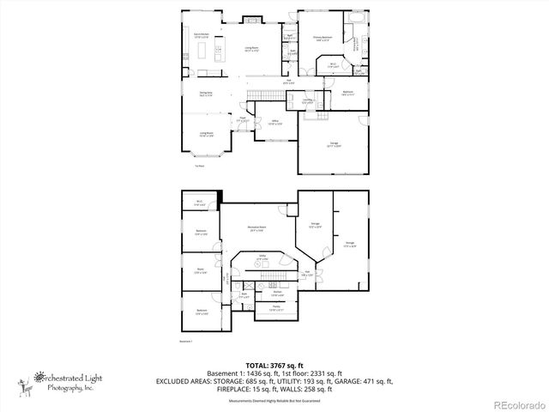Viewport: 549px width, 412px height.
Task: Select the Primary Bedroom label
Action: click(x=323, y=38)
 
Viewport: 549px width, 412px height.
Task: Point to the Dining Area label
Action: click(x=206, y=94)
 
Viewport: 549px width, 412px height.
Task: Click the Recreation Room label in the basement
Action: click(x=256, y=229)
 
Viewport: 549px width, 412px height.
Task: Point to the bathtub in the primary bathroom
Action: click(x=353, y=18)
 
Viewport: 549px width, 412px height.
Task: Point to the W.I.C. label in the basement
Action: click(x=200, y=203)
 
